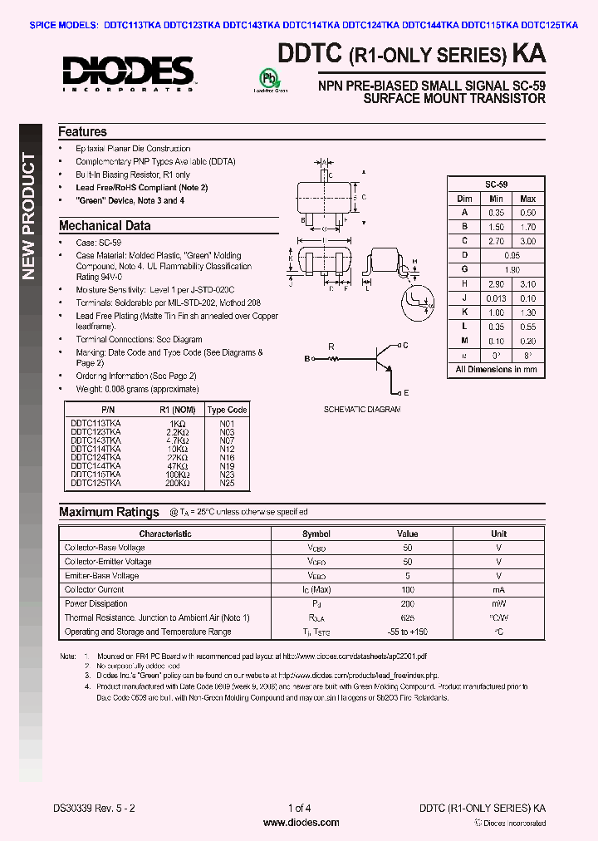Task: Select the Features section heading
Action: click(82, 131)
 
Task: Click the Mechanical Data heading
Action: click(105, 225)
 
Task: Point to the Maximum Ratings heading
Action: click(109, 512)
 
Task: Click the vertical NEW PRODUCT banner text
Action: click(28, 216)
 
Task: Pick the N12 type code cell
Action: click(227, 449)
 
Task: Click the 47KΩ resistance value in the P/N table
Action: click(176, 466)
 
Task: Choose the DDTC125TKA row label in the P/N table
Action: click(96, 483)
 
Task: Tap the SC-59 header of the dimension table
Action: click(497, 184)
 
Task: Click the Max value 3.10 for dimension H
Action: click(527, 284)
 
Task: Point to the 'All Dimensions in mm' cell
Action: click(497, 369)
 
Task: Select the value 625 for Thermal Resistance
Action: click(407, 618)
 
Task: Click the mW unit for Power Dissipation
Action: click(498, 604)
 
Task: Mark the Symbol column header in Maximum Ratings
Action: click(316, 534)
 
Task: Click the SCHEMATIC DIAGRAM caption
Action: click(361, 410)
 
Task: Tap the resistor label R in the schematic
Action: click(331, 346)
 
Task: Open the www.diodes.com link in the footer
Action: click(300, 823)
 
